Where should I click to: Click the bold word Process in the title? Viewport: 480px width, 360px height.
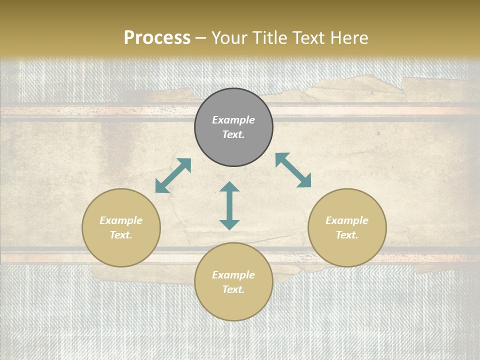click(x=157, y=38)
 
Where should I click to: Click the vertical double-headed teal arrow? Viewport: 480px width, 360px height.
click(x=229, y=206)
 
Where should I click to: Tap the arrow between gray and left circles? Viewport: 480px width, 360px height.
click(x=173, y=175)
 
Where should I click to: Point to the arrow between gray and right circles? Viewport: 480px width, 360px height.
click(x=293, y=170)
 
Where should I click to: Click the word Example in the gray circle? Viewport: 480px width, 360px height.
click(x=233, y=120)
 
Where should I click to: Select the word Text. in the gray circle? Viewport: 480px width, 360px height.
click(x=233, y=134)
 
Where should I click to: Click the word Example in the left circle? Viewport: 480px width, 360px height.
click(x=121, y=220)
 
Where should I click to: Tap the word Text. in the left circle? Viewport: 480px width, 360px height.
click(x=121, y=235)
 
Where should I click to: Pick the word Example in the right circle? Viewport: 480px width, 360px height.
click(x=347, y=220)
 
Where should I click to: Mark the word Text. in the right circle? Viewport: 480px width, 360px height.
click(x=347, y=235)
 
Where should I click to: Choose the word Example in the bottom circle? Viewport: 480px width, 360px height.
click(x=233, y=275)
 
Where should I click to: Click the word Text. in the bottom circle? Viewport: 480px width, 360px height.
click(x=233, y=289)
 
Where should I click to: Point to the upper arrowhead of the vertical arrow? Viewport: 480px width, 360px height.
click(x=229, y=187)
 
